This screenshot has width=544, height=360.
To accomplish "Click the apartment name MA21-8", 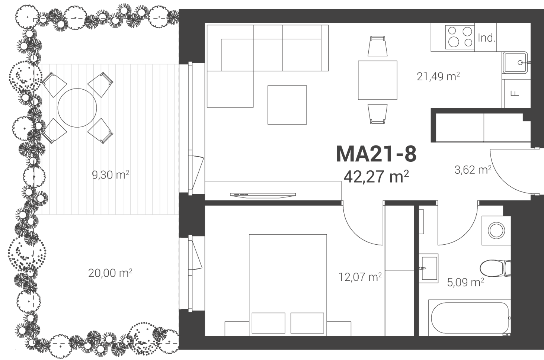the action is tap(376, 154).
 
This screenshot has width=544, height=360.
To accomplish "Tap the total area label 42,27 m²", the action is tap(376, 177).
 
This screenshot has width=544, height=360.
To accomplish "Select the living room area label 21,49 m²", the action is tap(438, 77).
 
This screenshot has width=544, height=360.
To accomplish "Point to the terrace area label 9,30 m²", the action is tap(111, 174).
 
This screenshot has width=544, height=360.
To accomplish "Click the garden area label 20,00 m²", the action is tap(110, 273).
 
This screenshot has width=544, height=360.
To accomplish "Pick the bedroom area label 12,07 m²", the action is tap(360, 277).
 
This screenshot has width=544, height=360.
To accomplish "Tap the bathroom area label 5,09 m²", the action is tap(465, 282).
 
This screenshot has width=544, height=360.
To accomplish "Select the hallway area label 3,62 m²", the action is tap(473, 170).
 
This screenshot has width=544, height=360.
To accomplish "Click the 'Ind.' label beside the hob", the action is tap(486, 38).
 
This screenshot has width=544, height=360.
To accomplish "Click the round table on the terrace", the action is tap(77, 108).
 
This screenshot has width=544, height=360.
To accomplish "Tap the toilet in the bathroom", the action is tap(495, 268).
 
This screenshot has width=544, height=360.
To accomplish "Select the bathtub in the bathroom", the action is tap(470, 318).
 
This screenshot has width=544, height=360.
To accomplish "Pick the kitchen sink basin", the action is tap(515, 62).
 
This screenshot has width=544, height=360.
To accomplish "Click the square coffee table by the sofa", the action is tap(287, 105).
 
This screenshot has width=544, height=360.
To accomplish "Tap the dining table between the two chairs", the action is tap(378, 80).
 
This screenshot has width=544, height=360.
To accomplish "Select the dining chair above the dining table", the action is tap(378, 46).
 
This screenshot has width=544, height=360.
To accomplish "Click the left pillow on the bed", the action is tap(268, 323).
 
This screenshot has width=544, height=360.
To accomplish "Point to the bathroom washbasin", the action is tap(429, 268).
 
